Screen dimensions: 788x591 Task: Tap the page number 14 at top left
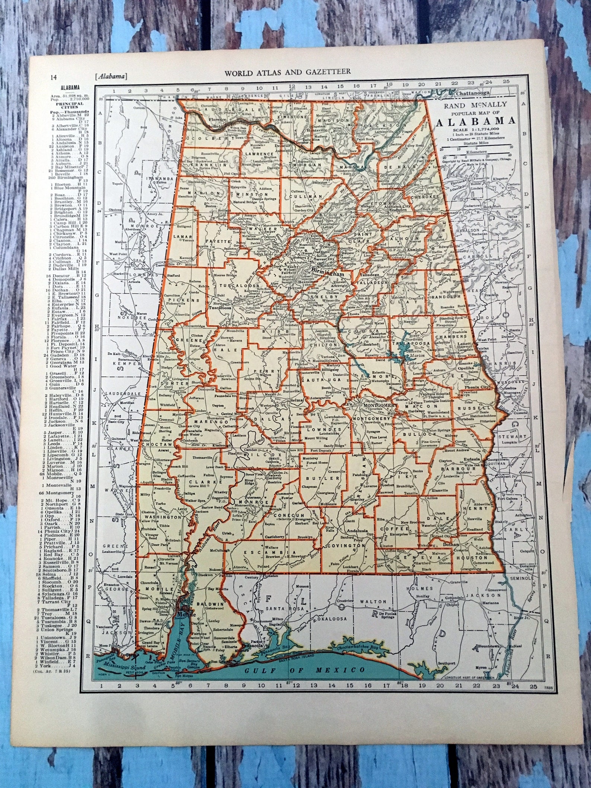tap(54, 77)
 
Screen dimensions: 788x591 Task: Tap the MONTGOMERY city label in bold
tap(378, 405)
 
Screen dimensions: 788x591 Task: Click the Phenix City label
tap(481, 387)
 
